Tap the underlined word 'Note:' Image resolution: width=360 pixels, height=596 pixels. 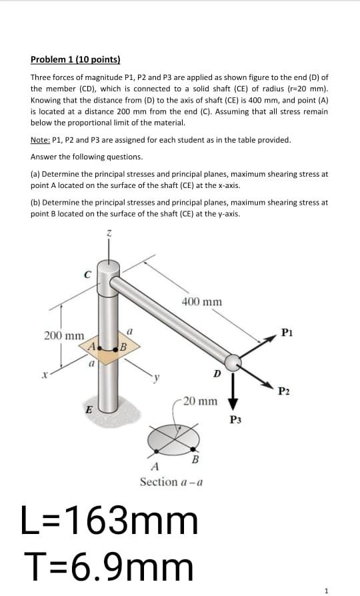point(41,140)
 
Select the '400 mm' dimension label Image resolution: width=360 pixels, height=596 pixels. point(201,302)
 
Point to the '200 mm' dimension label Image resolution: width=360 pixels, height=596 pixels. point(64,335)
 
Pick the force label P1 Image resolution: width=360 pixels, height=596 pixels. point(287,331)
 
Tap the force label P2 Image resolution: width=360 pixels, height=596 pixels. point(283,391)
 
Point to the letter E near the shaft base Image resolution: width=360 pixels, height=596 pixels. point(88,411)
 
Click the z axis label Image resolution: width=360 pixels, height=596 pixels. point(111,233)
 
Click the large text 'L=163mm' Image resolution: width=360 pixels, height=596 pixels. point(110,521)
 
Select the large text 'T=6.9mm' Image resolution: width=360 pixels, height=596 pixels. point(108,567)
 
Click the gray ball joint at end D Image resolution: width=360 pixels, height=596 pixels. point(233,362)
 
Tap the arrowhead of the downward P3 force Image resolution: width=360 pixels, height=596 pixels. point(234,403)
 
